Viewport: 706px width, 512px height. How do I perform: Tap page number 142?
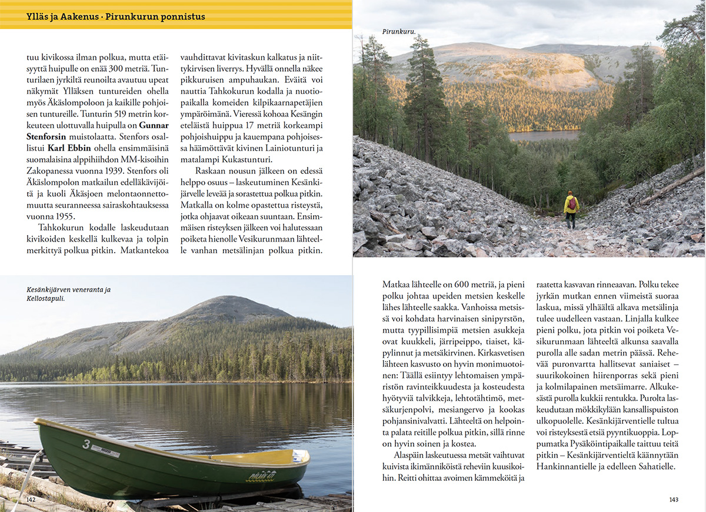click(31, 499)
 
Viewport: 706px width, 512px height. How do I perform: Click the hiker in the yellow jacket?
click(571, 208)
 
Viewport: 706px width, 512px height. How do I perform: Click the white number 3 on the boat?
click(86, 444)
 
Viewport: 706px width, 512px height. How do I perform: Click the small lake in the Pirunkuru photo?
click(544, 135)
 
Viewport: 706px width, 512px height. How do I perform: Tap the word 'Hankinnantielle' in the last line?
click(565, 467)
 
